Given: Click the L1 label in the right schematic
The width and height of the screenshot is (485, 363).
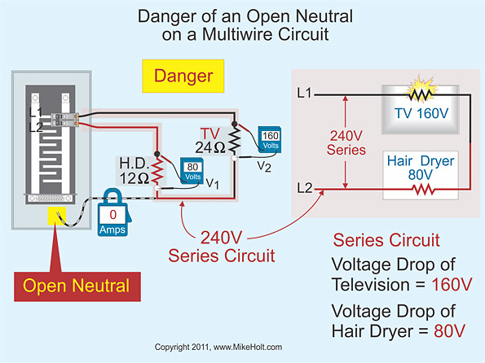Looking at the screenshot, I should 304,93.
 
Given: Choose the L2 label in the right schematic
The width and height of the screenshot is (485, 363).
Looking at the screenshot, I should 304,189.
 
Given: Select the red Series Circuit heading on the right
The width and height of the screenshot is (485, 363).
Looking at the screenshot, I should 386,241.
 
